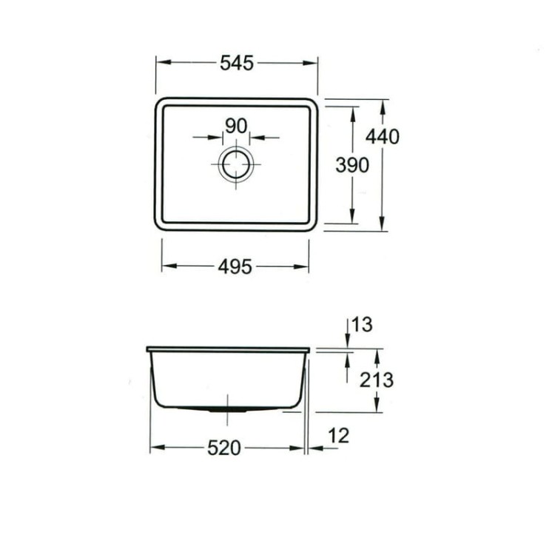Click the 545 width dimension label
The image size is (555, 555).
237,64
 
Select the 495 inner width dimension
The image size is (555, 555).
235,266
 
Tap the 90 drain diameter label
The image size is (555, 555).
235,127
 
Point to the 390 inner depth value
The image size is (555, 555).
351,166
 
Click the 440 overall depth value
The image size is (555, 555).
383,136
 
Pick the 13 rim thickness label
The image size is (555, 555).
363,324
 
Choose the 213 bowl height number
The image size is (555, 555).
376,380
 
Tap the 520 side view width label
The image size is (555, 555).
223,448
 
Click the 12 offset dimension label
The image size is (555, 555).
337,436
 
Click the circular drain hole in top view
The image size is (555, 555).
236,164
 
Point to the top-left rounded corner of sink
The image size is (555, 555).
159,102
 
